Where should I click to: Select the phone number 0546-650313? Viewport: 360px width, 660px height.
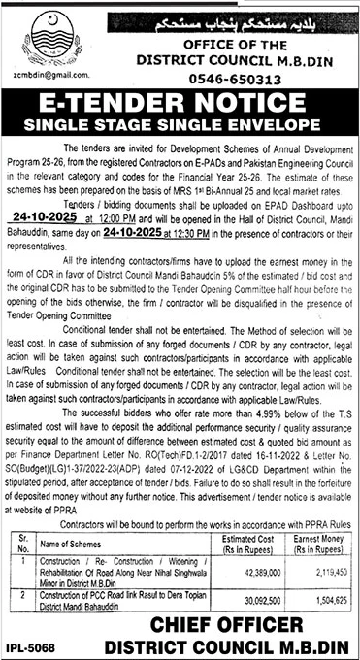coord(224,82)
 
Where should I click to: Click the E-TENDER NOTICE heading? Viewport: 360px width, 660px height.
coord(180,108)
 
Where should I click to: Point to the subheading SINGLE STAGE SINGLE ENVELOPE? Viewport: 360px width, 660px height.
coord(180,128)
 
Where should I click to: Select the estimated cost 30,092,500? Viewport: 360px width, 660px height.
coord(245,602)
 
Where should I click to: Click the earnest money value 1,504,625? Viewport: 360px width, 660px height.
coord(315,602)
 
